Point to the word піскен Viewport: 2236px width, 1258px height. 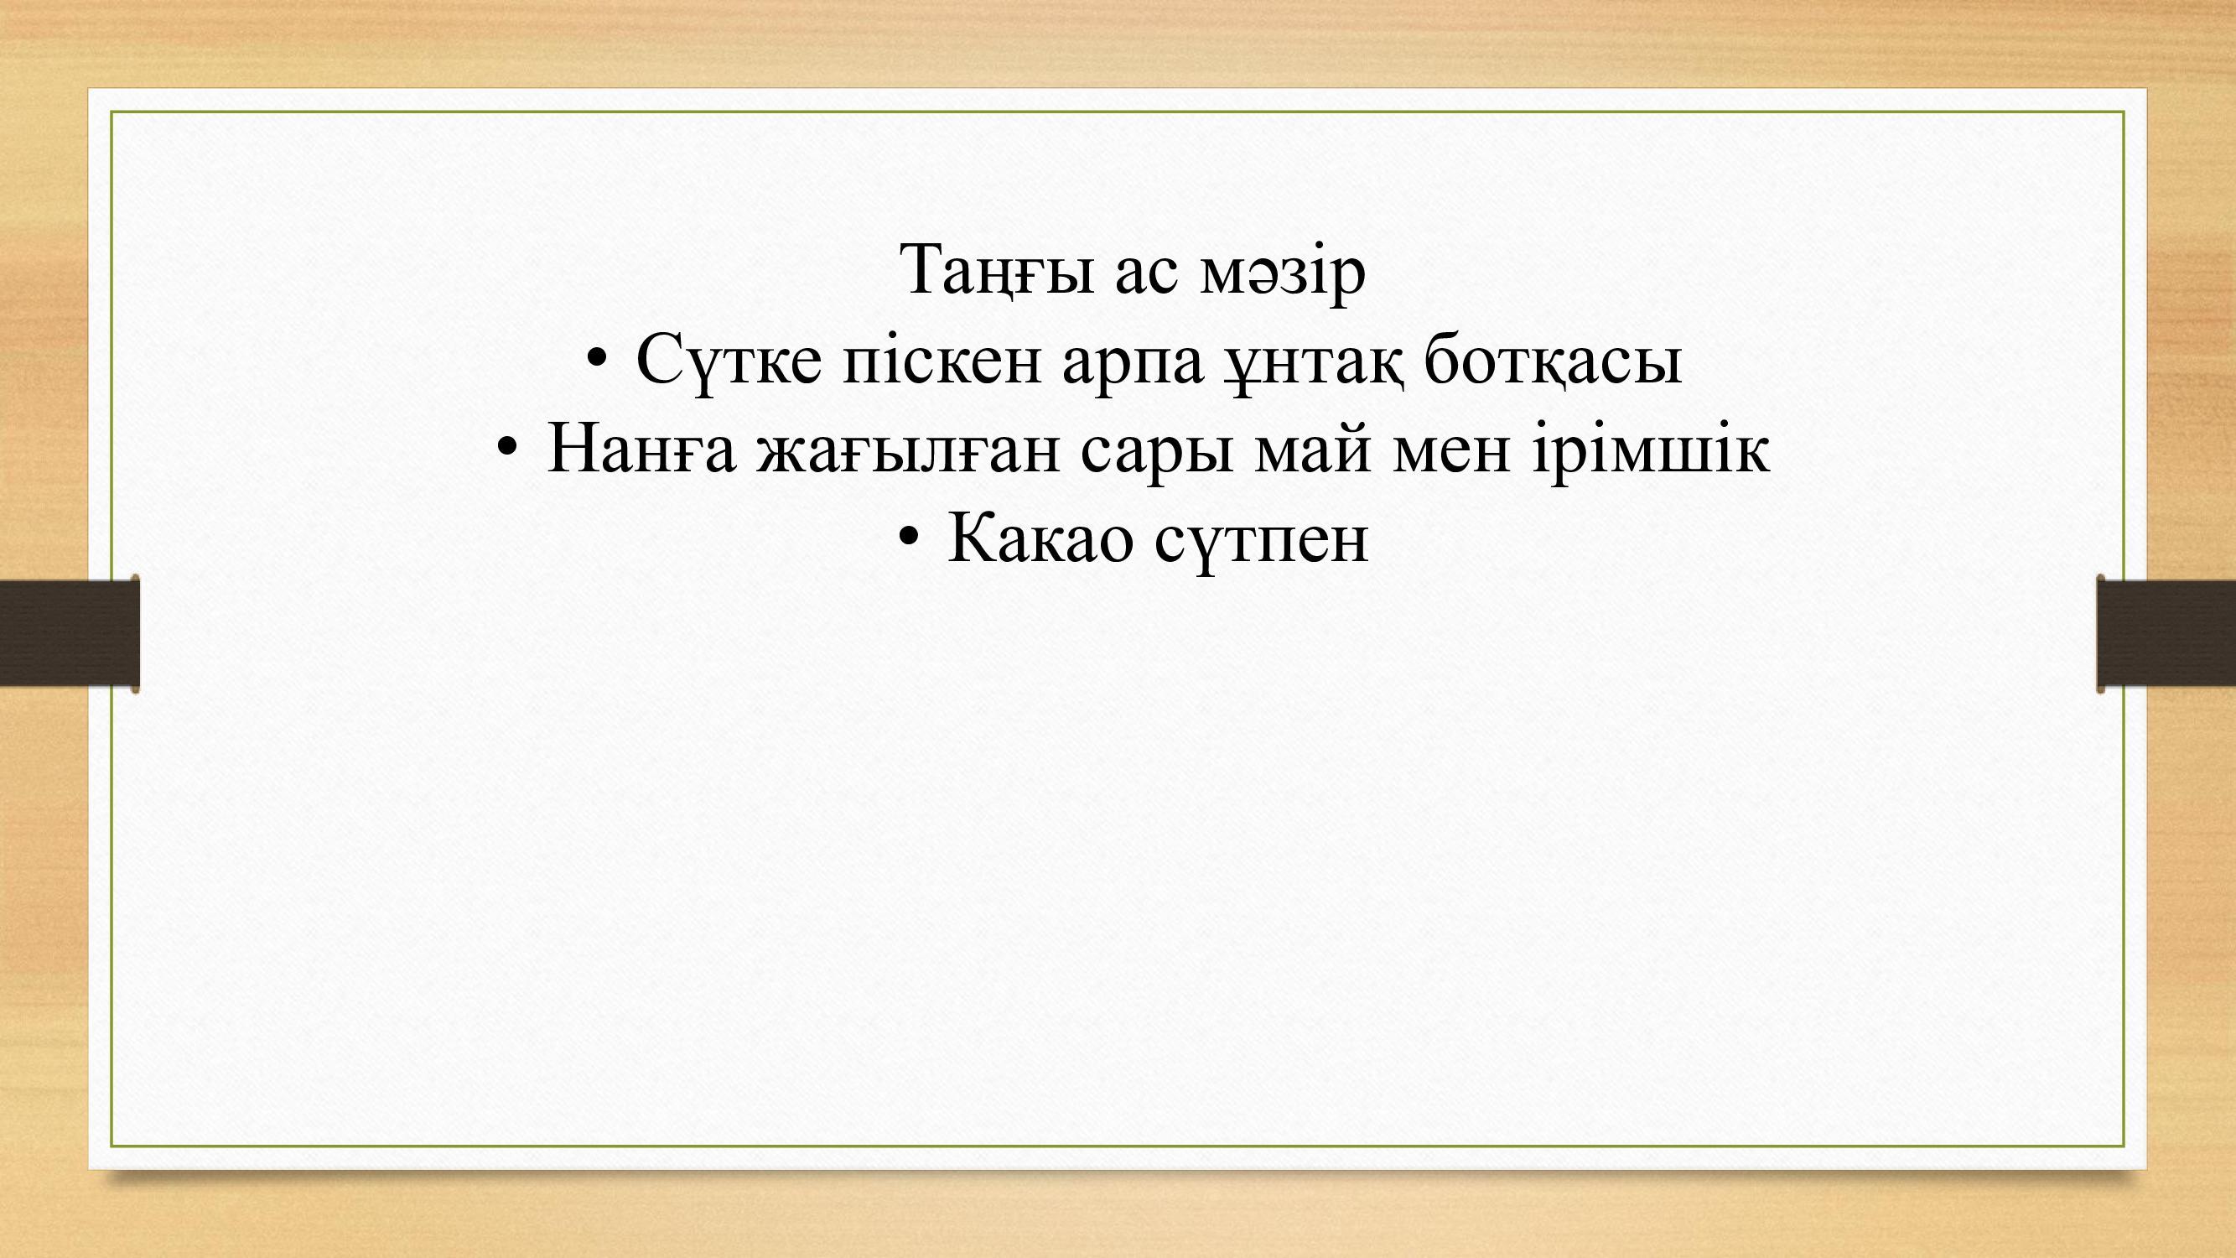942,360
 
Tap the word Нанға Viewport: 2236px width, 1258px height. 641,448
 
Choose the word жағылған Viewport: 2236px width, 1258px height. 908,453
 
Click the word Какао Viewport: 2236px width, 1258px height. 1040,538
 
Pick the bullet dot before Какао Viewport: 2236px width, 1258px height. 907,537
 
